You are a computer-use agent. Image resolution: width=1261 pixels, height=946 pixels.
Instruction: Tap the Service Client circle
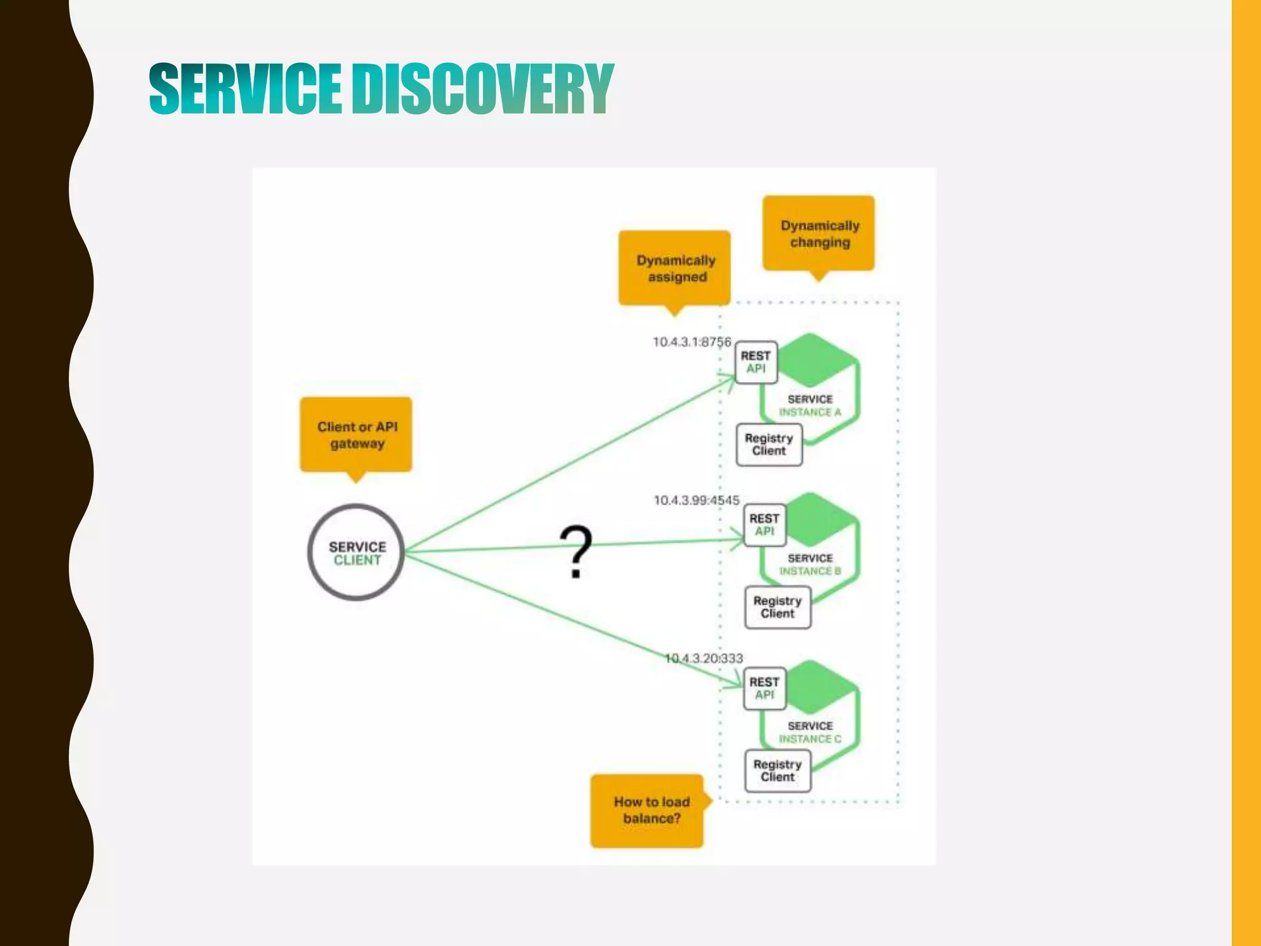[x=357, y=552]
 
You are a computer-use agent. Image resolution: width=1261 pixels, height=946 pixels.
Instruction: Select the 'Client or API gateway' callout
[x=357, y=435]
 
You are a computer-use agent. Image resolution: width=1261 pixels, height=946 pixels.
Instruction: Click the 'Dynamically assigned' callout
[x=675, y=269]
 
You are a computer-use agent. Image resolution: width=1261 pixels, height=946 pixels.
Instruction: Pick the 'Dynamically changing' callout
[x=819, y=233]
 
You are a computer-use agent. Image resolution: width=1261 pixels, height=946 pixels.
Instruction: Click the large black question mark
[x=576, y=551]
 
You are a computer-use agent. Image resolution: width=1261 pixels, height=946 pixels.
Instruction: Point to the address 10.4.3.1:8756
[x=691, y=342]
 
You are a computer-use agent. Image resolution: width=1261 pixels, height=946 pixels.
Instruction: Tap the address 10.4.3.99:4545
[x=696, y=500]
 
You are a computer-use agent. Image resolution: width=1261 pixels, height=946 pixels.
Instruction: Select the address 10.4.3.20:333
[x=704, y=658]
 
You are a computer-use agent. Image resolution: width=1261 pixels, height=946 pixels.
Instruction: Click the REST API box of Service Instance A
[x=756, y=363]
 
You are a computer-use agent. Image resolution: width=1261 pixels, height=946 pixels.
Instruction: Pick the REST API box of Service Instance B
[x=765, y=525]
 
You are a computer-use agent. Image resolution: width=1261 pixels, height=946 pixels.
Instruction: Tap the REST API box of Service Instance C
[x=765, y=689]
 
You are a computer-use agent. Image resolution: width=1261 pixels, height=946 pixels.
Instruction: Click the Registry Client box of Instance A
[x=769, y=445]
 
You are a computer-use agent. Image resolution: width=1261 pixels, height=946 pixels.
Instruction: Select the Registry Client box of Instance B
[x=778, y=607]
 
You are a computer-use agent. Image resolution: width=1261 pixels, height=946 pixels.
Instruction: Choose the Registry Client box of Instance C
[x=778, y=770]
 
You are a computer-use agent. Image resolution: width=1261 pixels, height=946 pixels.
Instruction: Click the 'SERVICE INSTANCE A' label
[x=810, y=406]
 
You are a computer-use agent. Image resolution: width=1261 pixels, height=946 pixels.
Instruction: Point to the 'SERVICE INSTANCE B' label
[x=810, y=565]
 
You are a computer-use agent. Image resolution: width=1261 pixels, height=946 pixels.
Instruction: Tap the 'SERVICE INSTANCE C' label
[x=810, y=732]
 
